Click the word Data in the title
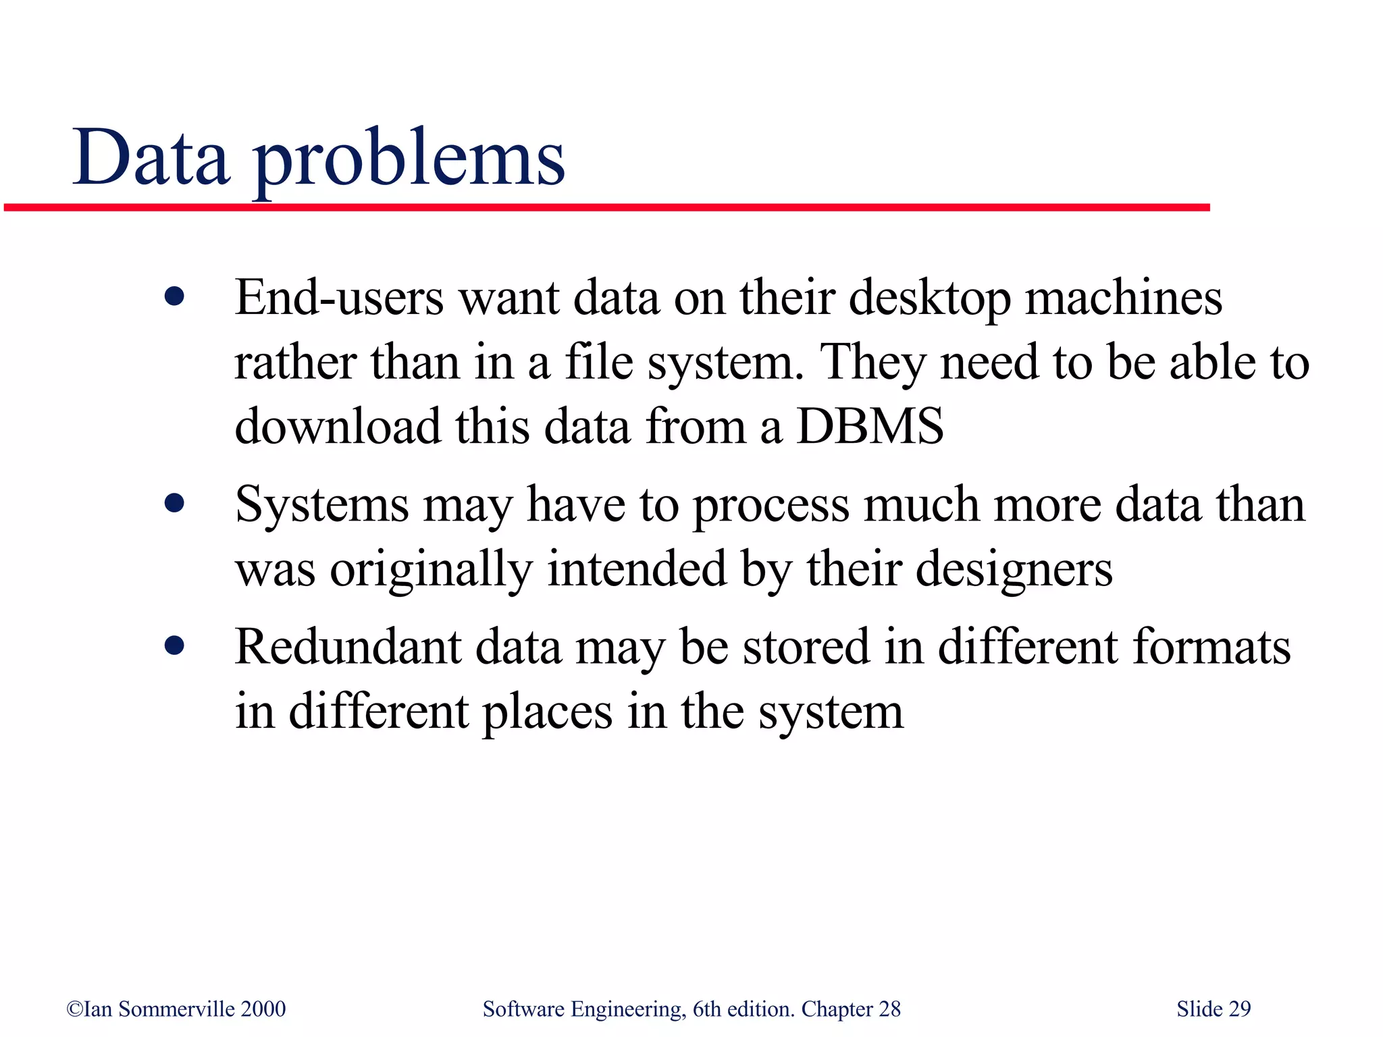[151, 158]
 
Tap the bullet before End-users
[174, 296]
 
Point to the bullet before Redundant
[174, 645]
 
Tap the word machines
[1124, 298]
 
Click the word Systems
[322, 506]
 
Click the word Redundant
[347, 647]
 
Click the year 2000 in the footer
[263, 1009]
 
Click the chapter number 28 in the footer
[889, 1009]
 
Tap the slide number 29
[1239, 1009]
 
